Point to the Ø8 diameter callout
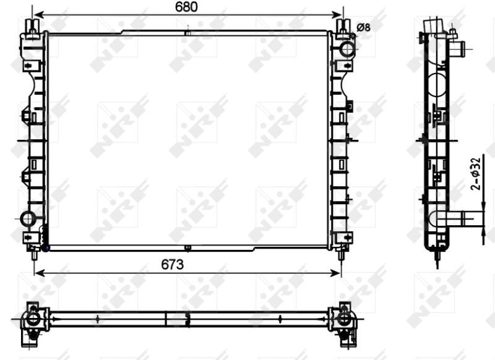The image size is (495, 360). pyautogui.click(x=364, y=27)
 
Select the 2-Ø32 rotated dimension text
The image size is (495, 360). pyautogui.click(x=475, y=174)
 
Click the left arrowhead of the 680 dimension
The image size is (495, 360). pyautogui.click(x=37, y=14)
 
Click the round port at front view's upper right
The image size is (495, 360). pyautogui.click(x=347, y=49)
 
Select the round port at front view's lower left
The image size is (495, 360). pyautogui.click(x=28, y=219)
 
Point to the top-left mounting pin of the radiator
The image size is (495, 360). pyautogui.click(x=33, y=25)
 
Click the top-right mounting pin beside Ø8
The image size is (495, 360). pyautogui.click(x=343, y=25)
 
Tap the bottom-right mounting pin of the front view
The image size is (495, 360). pyautogui.click(x=343, y=253)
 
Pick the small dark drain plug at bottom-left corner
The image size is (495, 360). pyautogui.click(x=44, y=248)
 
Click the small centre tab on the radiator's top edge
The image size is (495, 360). pyautogui.click(x=187, y=31)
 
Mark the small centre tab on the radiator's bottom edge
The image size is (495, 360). pyautogui.click(x=187, y=249)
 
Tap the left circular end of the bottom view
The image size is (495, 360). pyautogui.click(x=31, y=319)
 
